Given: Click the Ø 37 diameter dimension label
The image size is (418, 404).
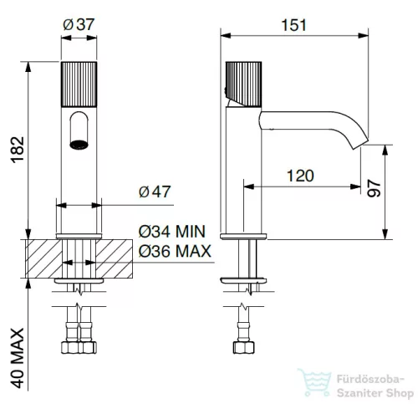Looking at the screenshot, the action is [79, 24].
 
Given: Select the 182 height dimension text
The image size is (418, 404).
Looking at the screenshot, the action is [18, 150].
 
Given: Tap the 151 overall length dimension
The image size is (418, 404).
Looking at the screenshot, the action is [294, 25].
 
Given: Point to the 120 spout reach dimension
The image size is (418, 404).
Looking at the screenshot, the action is [300, 176].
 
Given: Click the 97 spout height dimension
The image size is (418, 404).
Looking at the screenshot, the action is [374, 188].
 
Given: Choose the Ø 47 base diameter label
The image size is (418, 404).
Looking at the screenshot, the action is [155, 192].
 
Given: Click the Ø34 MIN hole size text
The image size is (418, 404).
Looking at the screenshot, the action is [172, 232].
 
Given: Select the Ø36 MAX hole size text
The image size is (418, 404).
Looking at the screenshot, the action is [175, 251].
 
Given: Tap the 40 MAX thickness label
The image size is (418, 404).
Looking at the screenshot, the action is [18, 358].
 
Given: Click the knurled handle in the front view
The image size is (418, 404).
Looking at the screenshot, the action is [79, 84].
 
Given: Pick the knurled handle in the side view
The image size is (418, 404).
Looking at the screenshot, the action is [243, 84].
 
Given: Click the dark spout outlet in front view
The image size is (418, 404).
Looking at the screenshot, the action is [79, 145].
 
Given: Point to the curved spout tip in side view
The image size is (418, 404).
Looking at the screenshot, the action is [361, 143].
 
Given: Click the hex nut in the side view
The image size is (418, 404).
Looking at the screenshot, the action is [243, 347].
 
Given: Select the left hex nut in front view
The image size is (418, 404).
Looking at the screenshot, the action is [70, 347].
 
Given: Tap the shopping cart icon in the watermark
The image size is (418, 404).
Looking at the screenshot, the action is [315, 381].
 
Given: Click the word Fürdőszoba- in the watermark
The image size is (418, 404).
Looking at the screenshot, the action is [370, 379].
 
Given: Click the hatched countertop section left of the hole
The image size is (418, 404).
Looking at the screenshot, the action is [43, 258].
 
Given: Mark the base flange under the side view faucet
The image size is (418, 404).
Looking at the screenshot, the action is [243, 237].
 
